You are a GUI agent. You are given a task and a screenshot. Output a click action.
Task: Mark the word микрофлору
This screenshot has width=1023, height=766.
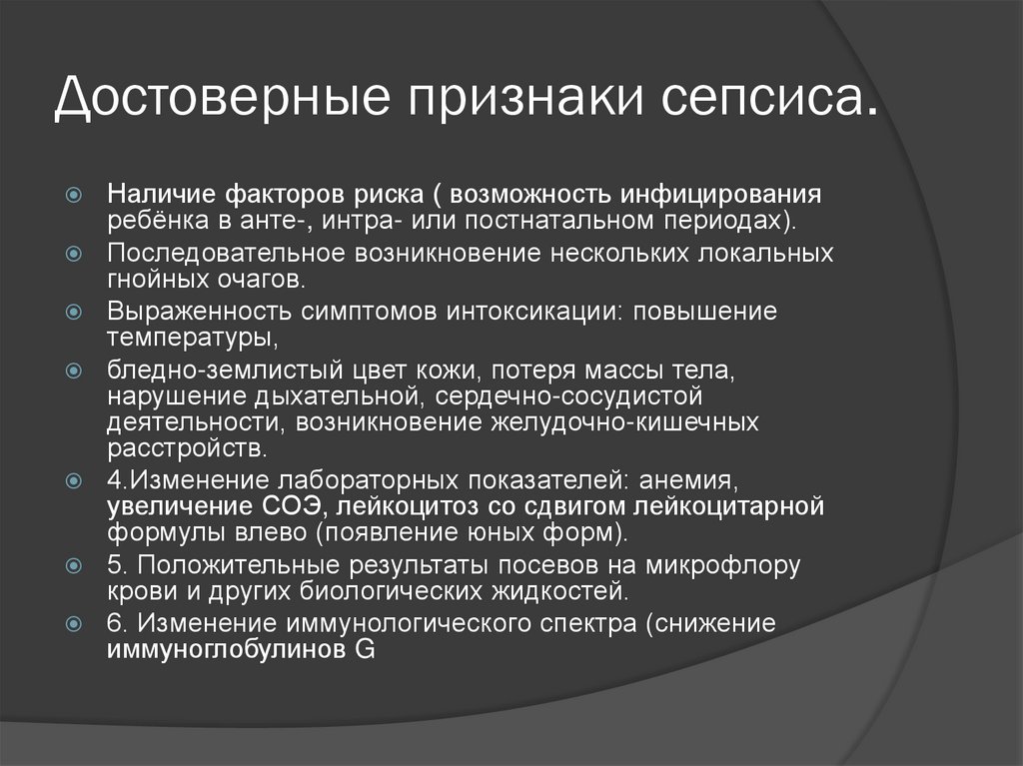point(722,564)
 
